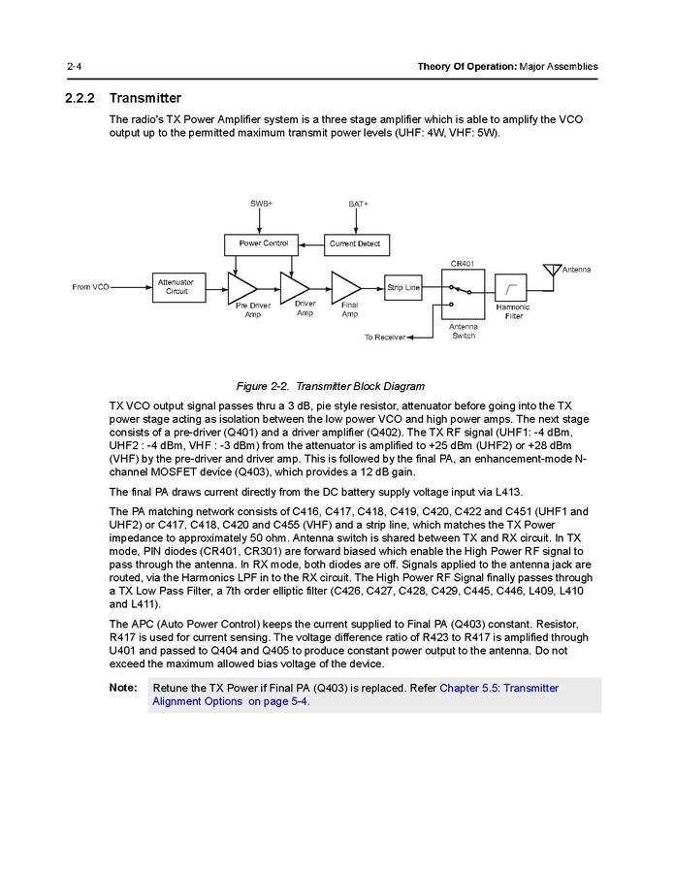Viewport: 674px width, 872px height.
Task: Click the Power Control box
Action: pos(263,242)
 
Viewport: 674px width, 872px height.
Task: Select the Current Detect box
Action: pos(355,242)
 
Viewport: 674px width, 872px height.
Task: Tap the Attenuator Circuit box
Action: pos(177,287)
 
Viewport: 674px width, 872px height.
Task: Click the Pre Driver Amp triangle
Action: pos(241,287)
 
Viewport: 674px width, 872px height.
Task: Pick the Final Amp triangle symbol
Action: pos(345,287)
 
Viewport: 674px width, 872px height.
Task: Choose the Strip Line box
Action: pos(403,287)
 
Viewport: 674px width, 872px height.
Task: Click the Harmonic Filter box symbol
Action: pos(511,287)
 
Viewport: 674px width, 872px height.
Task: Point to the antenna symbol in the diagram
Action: pos(552,269)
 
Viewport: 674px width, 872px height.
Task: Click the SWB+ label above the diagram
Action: pos(261,204)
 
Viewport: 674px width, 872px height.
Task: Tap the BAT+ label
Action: pos(358,204)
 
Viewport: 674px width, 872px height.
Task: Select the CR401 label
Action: pos(463,263)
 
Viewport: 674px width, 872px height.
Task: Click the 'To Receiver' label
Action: pos(384,338)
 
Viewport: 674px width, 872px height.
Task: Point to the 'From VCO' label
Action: pos(90,287)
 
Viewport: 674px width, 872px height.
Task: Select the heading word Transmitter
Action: pos(145,98)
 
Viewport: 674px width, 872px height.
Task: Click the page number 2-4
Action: pos(74,66)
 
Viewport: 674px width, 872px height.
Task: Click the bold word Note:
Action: pos(123,688)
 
